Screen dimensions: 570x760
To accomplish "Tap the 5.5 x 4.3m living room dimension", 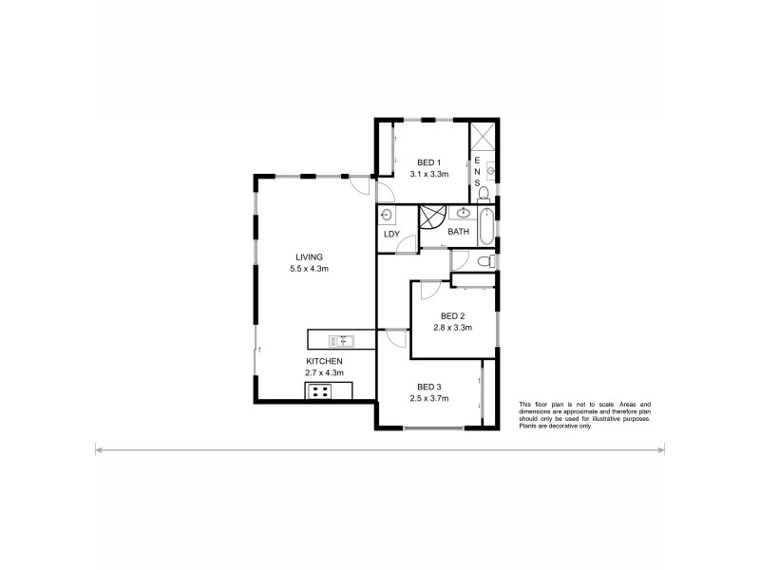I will click(309, 269).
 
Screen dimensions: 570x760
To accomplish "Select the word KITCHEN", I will click(324, 362).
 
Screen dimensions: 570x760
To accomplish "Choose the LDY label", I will click(390, 234).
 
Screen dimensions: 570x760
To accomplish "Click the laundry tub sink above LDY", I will click(387, 214).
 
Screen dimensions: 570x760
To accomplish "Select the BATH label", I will click(459, 232).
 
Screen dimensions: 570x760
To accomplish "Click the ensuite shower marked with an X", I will click(483, 136).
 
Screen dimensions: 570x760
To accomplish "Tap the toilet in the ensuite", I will click(484, 194).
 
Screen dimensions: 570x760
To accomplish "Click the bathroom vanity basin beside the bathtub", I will click(463, 214).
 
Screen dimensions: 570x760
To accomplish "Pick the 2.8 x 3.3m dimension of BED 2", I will click(452, 327).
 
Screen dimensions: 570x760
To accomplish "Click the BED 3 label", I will click(427, 386).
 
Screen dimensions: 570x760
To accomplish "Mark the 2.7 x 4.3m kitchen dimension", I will click(324, 373).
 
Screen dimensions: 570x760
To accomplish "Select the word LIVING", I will click(309, 257).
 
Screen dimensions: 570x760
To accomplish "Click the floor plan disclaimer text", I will click(583, 416).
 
